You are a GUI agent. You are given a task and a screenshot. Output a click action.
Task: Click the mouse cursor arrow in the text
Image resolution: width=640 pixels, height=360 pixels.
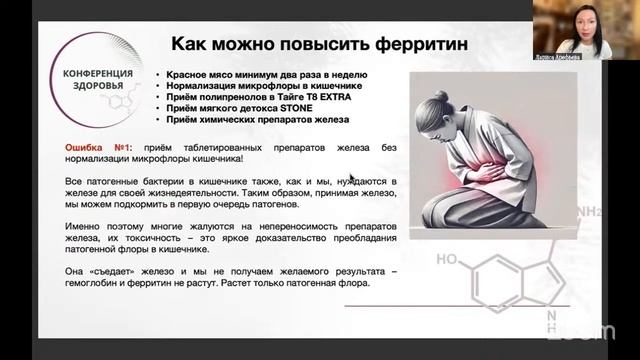coord(352,180)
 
